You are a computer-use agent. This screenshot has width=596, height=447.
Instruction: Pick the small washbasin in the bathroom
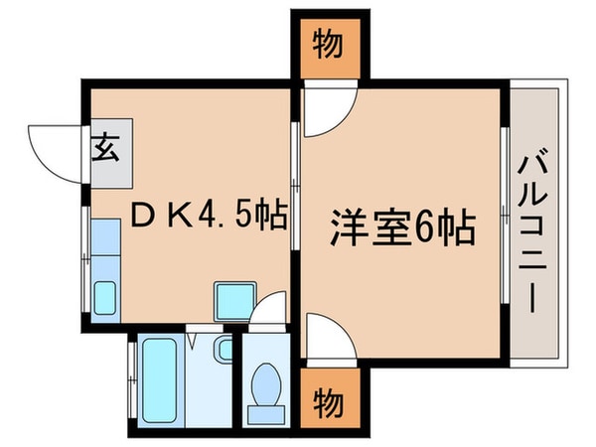click(x=223, y=350)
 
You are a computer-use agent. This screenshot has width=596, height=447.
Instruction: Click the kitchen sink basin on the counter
click(x=104, y=296)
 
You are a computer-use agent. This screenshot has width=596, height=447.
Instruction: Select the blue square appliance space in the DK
click(x=234, y=296)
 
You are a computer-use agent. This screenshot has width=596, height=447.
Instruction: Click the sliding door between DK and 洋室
click(x=293, y=179)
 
